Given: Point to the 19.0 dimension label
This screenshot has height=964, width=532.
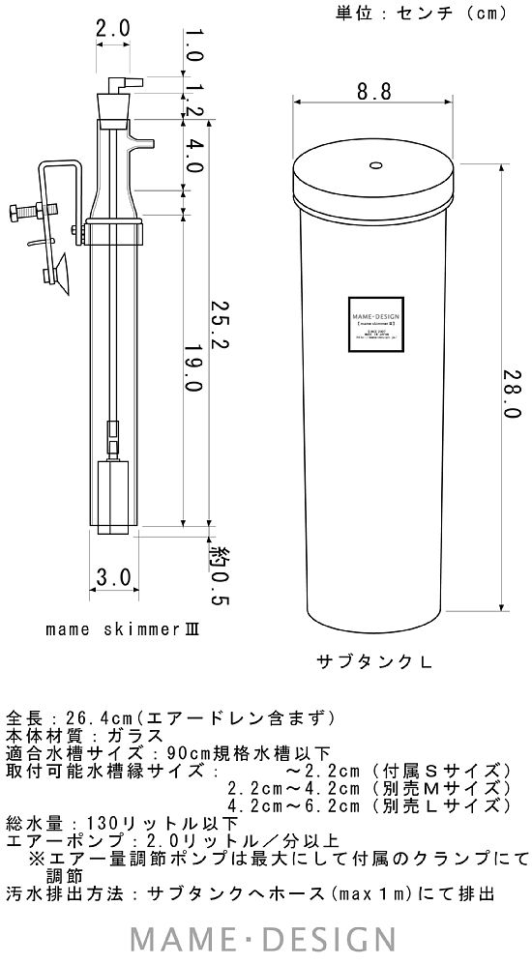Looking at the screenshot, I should [193, 367].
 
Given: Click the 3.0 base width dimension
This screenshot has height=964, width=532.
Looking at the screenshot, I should [114, 578].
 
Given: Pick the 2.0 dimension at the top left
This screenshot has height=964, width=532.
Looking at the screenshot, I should [112, 28].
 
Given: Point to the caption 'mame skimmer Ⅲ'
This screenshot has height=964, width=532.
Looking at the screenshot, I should [121, 628].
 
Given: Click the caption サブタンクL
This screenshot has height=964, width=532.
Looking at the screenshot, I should [373, 662].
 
